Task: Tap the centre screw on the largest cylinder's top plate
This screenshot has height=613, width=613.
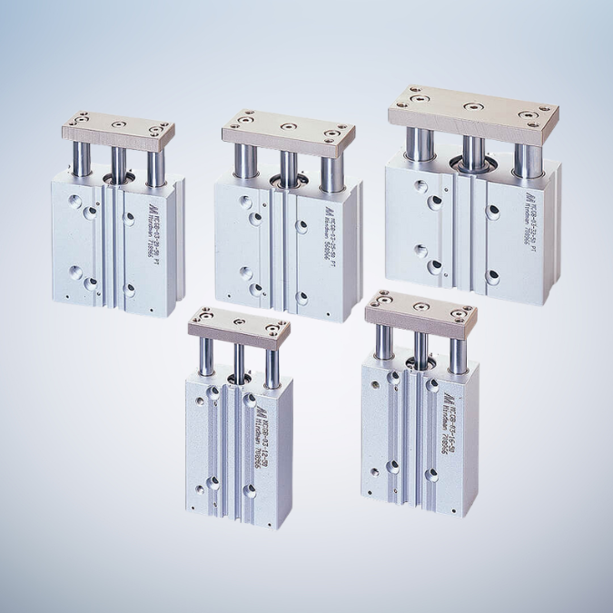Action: pyautogui.click(x=470, y=106)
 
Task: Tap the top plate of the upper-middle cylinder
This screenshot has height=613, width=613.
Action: pyautogui.click(x=288, y=130)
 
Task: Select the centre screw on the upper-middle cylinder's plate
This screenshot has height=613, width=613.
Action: pyautogui.click(x=288, y=126)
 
